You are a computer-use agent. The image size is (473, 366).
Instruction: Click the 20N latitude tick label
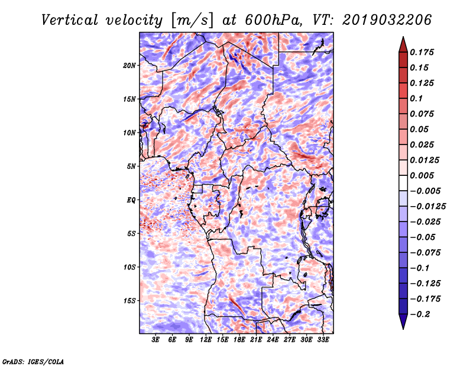[129, 66]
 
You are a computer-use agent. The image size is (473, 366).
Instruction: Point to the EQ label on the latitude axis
[131, 200]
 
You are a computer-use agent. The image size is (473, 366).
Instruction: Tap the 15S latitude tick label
[129, 301]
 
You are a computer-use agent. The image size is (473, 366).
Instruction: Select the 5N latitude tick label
[131, 166]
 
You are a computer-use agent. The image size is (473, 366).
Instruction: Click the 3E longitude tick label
[155, 339]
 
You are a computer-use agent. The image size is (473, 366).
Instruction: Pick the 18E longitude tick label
[239, 339]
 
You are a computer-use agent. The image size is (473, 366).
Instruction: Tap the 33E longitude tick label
[323, 339]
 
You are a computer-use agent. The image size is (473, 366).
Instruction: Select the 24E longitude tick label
[273, 339]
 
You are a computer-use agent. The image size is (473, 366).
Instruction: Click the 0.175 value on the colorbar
[422, 52]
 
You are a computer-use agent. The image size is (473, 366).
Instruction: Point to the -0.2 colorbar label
[420, 314]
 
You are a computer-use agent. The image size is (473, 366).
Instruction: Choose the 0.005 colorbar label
[422, 175]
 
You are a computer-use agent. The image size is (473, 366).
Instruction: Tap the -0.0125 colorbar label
[428, 207]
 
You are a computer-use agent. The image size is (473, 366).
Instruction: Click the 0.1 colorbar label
[416, 98]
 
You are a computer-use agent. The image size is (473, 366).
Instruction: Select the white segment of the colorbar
[403, 183]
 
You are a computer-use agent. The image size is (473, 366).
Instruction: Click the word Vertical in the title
[70, 20]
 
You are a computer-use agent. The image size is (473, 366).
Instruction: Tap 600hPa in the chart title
[273, 20]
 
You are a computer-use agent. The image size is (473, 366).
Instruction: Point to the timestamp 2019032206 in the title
[387, 20]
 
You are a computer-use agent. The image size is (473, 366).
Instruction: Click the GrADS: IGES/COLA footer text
[33, 362]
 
